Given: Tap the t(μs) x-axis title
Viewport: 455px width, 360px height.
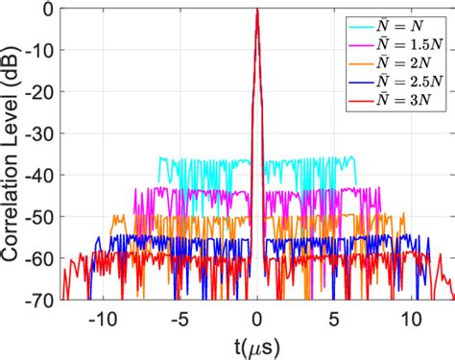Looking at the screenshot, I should [x=256, y=344].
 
